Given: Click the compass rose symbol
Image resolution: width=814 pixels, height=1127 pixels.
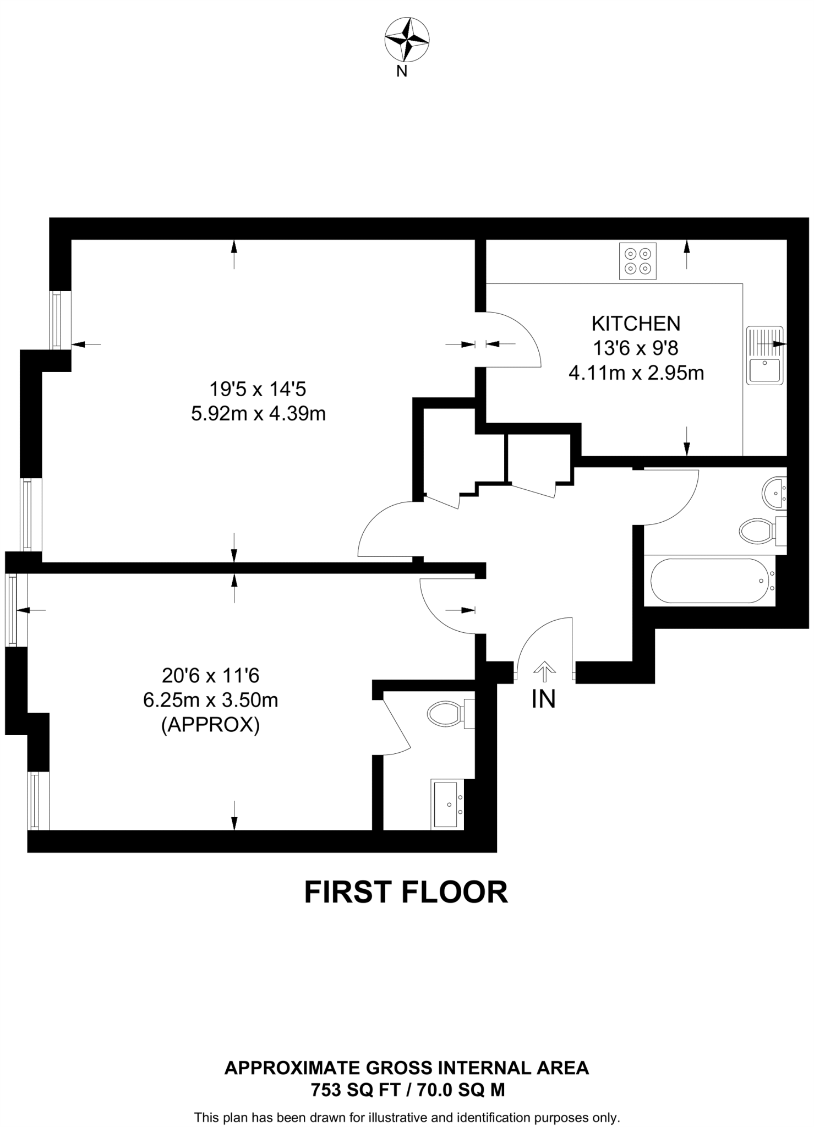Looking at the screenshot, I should click(407, 40).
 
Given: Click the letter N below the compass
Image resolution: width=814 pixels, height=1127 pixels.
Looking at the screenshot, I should click(402, 72).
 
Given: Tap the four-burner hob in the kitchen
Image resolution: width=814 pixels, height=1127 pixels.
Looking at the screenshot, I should click(638, 261).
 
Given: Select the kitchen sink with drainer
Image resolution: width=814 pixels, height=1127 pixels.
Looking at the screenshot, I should click(764, 355).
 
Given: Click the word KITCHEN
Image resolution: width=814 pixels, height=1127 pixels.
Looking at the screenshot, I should click(636, 324).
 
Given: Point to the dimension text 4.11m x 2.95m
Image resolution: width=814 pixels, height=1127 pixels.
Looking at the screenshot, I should click(636, 373).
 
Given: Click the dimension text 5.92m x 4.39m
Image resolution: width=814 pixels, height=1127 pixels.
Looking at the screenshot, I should click(258, 413).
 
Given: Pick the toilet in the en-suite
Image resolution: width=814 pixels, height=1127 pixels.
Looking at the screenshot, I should click(447, 714).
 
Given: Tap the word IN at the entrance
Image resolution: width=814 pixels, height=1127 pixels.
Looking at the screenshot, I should click(543, 699).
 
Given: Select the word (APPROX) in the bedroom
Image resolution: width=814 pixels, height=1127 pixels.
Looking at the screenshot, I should click(210, 725).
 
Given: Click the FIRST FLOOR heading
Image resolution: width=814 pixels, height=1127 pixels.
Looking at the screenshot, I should click(406, 893).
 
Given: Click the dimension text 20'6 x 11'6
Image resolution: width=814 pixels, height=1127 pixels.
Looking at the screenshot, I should click(210, 675).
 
